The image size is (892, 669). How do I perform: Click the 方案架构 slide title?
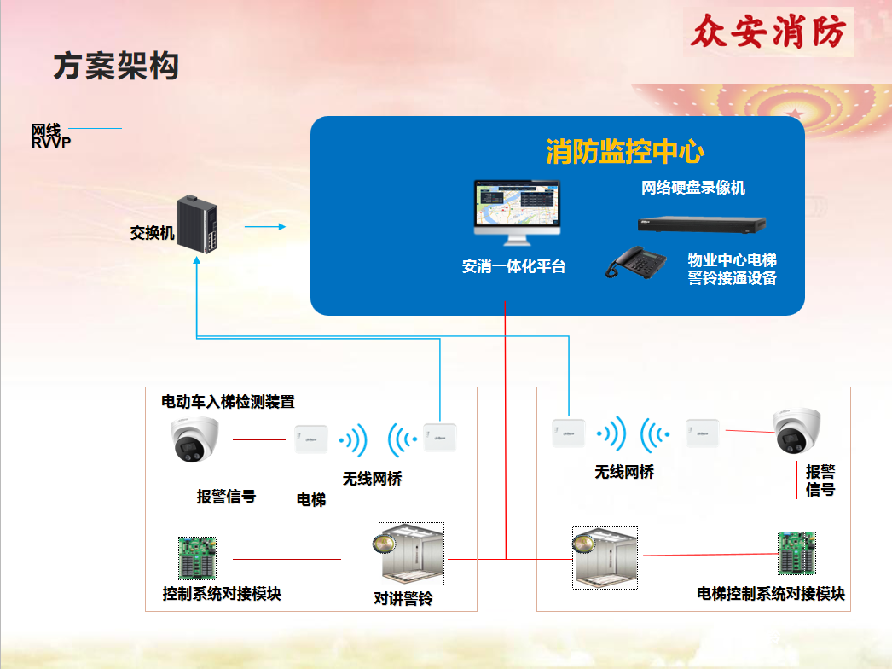tap(116, 66)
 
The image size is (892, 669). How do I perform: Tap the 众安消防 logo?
tap(768, 32)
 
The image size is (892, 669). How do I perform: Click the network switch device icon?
tap(197, 224)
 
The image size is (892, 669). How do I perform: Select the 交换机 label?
tap(152, 233)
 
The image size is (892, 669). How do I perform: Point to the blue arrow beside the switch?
tap(265, 227)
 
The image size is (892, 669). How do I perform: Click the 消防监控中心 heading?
tap(625, 151)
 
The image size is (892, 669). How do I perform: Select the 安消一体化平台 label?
tap(513, 266)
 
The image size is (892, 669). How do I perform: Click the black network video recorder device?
tap(702, 225)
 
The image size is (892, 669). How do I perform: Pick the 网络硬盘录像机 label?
tap(693, 188)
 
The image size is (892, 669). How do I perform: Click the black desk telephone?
tap(636, 263)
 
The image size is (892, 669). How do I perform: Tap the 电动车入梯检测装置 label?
tap(229, 402)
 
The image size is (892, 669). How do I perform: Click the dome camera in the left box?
tap(194, 439)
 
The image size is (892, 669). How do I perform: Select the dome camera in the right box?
tap(796, 431)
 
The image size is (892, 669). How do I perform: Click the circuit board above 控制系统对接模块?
tap(197, 558)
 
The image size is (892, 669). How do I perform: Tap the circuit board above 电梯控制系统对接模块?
tap(796, 553)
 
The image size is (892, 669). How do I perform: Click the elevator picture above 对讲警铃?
tap(411, 554)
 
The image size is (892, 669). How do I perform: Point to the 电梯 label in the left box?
tap(311, 499)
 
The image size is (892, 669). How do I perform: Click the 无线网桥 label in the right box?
tap(624, 472)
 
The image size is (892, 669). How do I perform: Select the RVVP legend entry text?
tap(51, 143)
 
